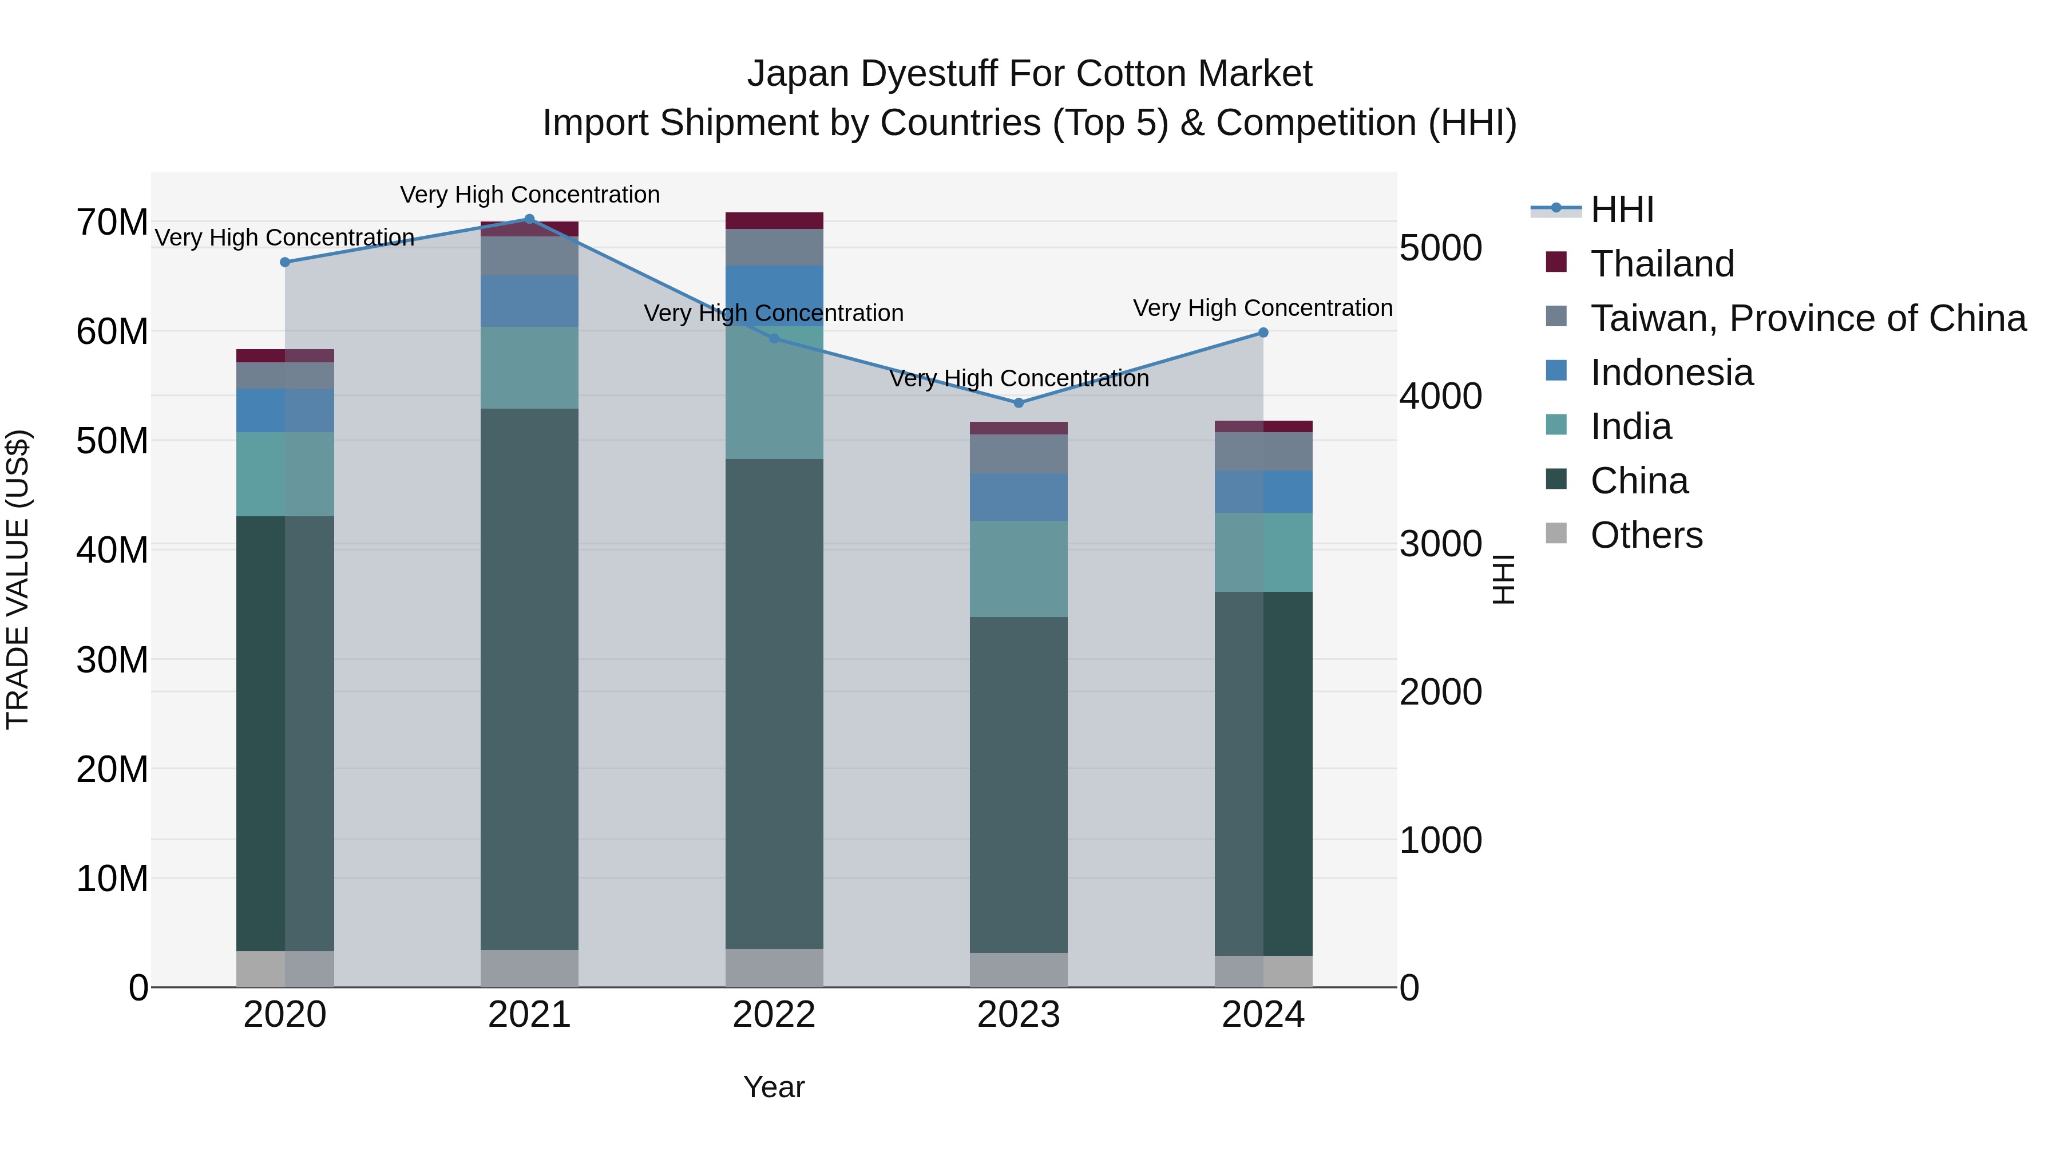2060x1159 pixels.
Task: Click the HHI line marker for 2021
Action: [529, 219]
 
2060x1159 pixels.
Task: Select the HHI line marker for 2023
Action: [1018, 403]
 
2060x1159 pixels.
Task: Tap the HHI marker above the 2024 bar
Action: [1263, 333]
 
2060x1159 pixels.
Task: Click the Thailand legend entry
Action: [1662, 264]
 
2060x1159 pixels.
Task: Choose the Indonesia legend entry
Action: [1671, 373]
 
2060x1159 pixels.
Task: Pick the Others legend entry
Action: [1646, 535]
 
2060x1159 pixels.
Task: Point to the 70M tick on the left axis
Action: [112, 223]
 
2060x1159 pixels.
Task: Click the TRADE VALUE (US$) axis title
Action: [18, 579]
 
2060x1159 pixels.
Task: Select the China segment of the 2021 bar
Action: [529, 680]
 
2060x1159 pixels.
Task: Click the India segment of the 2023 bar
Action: [1018, 569]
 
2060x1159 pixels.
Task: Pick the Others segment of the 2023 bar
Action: [1018, 970]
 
